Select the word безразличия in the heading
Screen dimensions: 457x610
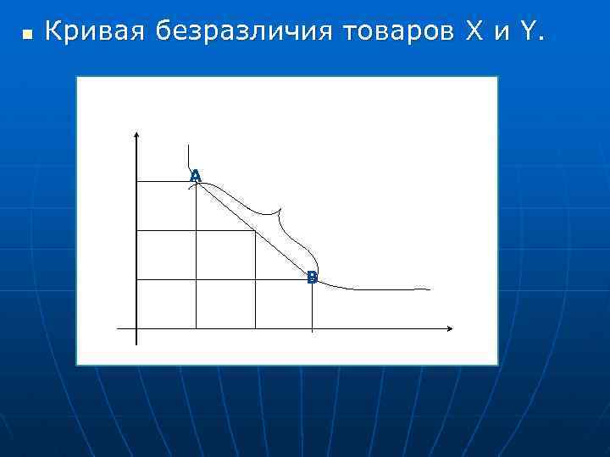(x=245, y=33)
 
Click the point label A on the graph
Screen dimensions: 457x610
(x=196, y=176)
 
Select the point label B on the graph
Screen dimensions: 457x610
(x=312, y=277)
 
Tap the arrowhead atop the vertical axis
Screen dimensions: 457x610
(x=136, y=134)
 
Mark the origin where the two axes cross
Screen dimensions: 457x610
(x=136, y=328)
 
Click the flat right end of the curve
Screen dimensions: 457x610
(x=428, y=289)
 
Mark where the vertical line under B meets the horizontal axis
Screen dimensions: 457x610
(x=313, y=328)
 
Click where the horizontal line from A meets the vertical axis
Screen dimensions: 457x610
(x=136, y=181)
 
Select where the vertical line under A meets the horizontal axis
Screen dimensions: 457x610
(x=197, y=328)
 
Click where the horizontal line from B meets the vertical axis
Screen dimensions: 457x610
(x=136, y=279)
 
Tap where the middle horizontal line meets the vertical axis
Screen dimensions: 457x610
(x=136, y=230)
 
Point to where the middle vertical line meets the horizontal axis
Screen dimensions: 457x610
(x=255, y=328)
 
